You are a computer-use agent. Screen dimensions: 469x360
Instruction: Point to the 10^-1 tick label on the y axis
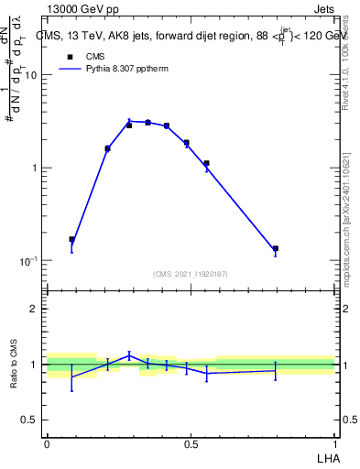(27, 261)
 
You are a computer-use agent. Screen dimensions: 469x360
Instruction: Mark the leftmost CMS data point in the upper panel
(72, 240)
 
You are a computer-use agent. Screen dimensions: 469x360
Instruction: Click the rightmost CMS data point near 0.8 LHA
(275, 248)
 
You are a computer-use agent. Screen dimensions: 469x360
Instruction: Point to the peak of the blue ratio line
(129, 355)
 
